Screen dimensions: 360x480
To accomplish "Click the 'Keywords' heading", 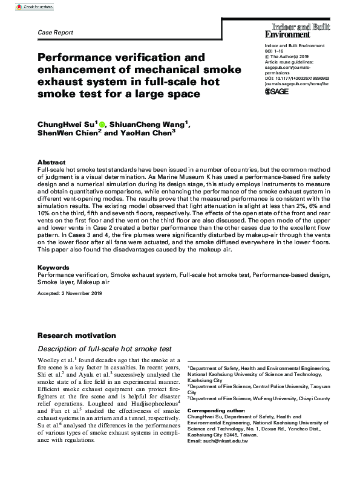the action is point(54,267).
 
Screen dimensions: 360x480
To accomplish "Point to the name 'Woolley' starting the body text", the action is point(49,360).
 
